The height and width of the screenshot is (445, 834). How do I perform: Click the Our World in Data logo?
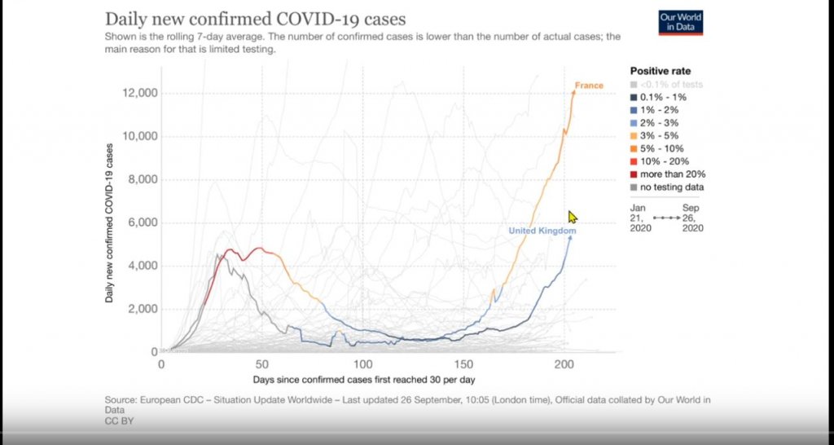tap(681, 23)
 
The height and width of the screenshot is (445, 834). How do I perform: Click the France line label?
tap(589, 85)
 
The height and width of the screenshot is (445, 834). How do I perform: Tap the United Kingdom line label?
tap(542, 231)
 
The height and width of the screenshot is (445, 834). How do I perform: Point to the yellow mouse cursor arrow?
tap(573, 217)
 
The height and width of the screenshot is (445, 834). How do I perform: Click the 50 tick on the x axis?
tap(261, 364)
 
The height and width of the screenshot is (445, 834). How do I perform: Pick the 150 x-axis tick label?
tap(463, 364)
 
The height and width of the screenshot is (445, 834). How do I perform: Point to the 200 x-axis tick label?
tap(564, 364)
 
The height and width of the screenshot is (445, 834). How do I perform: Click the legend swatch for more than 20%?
tap(634, 174)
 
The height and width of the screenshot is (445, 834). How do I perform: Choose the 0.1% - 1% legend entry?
tap(658, 98)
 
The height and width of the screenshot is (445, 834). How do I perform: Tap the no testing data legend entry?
tap(667, 187)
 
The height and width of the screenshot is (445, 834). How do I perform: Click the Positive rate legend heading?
tap(661, 71)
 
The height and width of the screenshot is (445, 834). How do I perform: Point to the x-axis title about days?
tap(364, 380)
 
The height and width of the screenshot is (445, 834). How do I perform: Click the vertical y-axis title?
tap(109, 223)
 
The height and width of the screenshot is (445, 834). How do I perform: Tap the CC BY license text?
tap(120, 421)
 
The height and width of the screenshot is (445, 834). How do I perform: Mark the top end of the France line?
tap(574, 91)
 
